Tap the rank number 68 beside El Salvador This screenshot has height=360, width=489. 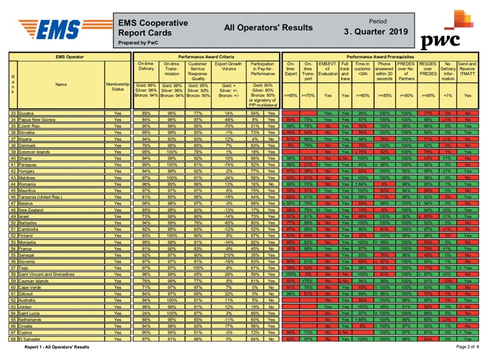(13, 338)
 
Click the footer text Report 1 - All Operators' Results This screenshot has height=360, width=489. (57, 347)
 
